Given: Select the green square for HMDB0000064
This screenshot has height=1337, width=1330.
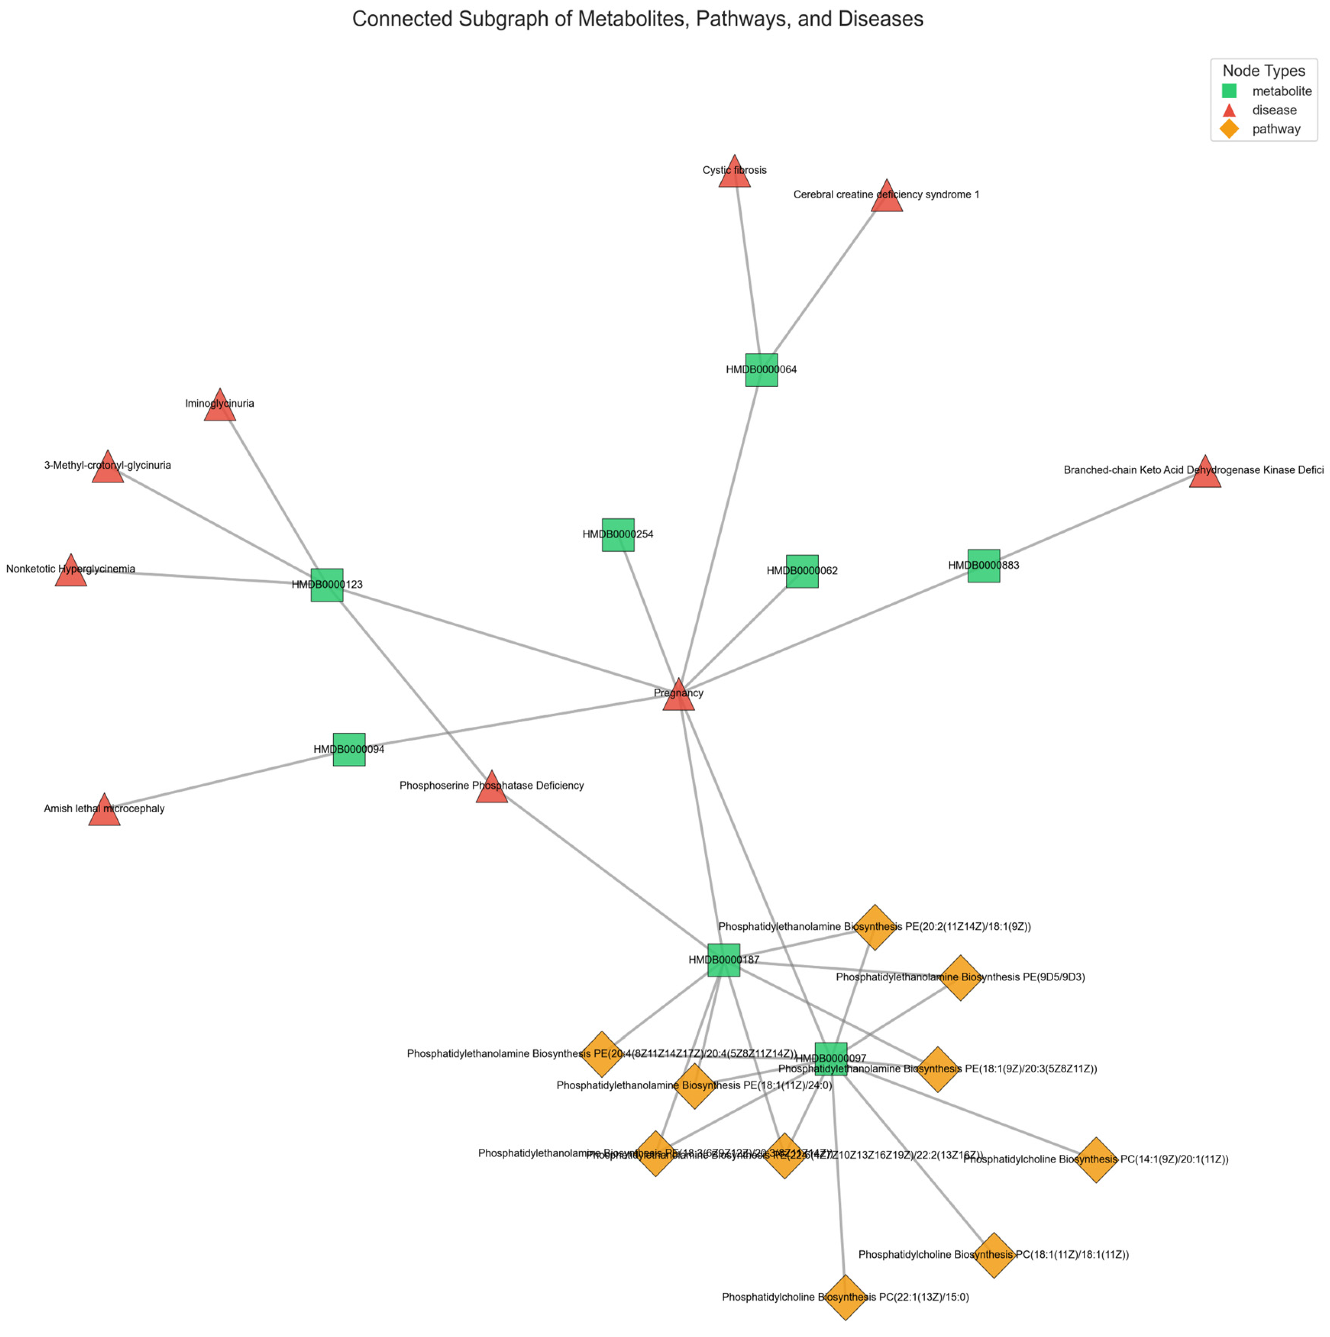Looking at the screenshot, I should pos(761,370).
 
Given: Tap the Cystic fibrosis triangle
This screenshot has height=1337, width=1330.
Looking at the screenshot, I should pos(734,173).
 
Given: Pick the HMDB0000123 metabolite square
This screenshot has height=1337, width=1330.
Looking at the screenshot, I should pos(327,585).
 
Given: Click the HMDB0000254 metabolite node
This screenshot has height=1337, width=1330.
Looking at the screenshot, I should pos(618,534).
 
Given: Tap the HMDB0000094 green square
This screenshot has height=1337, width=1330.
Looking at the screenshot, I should pos(349,749).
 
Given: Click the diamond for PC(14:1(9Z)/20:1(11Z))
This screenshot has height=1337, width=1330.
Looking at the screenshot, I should pos(1096,1160).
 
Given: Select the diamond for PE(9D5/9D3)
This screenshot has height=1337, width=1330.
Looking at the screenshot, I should pos(960,978).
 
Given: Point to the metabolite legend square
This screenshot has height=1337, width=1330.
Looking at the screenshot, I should pos(1229,90).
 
